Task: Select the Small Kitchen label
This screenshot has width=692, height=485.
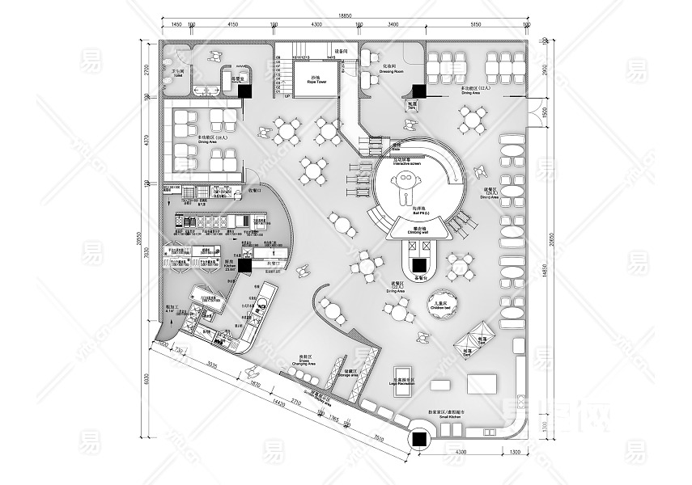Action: pyautogui.click(x=453, y=415)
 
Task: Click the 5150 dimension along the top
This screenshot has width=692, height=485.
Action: pyautogui.click(x=476, y=25)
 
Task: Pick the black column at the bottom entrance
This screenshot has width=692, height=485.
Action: pyautogui.click(x=421, y=440)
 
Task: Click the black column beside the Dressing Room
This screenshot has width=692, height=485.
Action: pyautogui.click(x=418, y=91)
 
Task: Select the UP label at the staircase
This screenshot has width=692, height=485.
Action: pyautogui.click(x=287, y=96)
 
